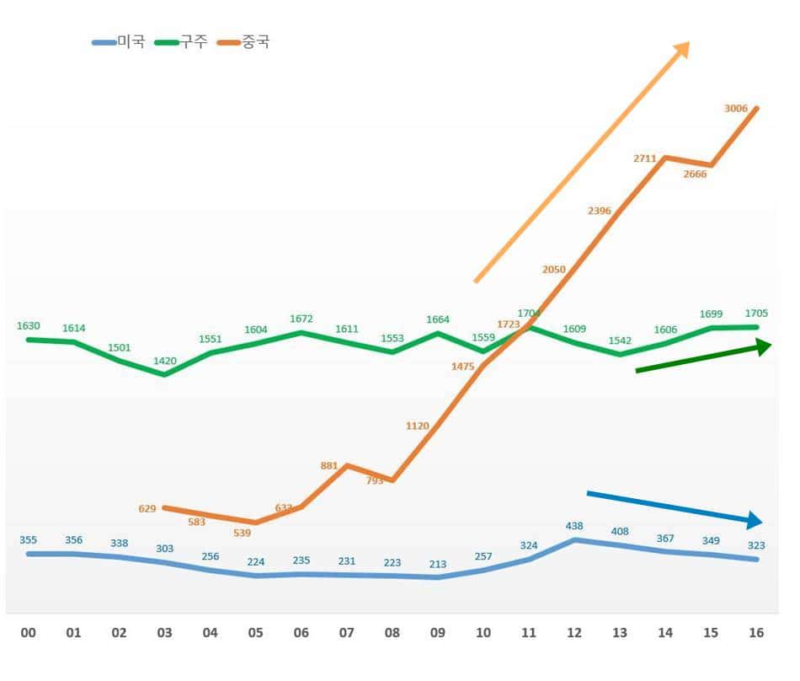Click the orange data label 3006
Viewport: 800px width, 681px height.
point(736,108)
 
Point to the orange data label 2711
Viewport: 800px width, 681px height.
point(644,158)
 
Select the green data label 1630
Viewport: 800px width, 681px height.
point(29,325)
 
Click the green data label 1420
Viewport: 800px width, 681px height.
point(164,361)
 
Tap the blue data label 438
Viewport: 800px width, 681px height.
point(574,525)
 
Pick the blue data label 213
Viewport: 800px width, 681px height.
point(437,564)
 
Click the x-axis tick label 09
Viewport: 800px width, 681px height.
point(437,632)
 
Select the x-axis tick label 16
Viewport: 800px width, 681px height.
point(755,632)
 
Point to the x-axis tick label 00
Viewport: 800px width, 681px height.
point(29,632)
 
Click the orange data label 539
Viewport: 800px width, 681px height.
point(242,534)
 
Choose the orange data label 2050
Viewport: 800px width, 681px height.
point(553,269)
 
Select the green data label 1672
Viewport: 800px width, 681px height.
point(301,319)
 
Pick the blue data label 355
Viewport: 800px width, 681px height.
point(29,539)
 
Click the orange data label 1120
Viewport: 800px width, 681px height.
point(417,426)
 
